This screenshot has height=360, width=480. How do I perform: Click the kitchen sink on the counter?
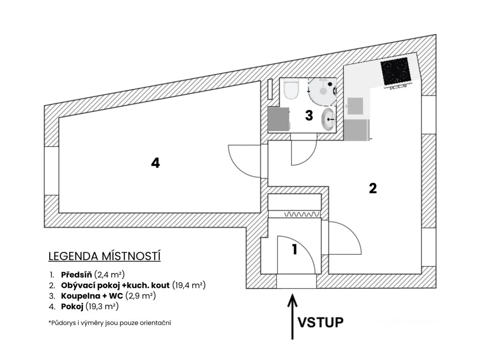click(x=355, y=106)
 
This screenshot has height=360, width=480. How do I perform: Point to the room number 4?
click(x=155, y=163)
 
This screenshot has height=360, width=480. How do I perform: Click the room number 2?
click(x=373, y=188)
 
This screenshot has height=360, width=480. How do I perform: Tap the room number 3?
click(x=309, y=116)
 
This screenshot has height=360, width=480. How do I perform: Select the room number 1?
click(x=294, y=249)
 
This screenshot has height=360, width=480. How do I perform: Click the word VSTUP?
click(x=321, y=322)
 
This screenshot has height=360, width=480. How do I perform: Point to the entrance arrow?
click(x=292, y=316)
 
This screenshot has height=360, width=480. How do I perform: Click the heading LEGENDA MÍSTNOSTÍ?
click(x=105, y=256)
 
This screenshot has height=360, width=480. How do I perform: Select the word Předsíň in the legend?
click(x=76, y=274)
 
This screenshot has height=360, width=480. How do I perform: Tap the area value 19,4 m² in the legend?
click(x=189, y=285)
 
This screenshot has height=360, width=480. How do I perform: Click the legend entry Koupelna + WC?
click(x=92, y=296)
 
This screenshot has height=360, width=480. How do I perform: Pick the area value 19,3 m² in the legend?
click(x=102, y=307)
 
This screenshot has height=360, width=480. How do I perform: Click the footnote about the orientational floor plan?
click(x=110, y=323)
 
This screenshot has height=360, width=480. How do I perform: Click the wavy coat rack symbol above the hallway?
click(x=302, y=214)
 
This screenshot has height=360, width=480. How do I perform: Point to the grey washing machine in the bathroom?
click(x=279, y=119)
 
